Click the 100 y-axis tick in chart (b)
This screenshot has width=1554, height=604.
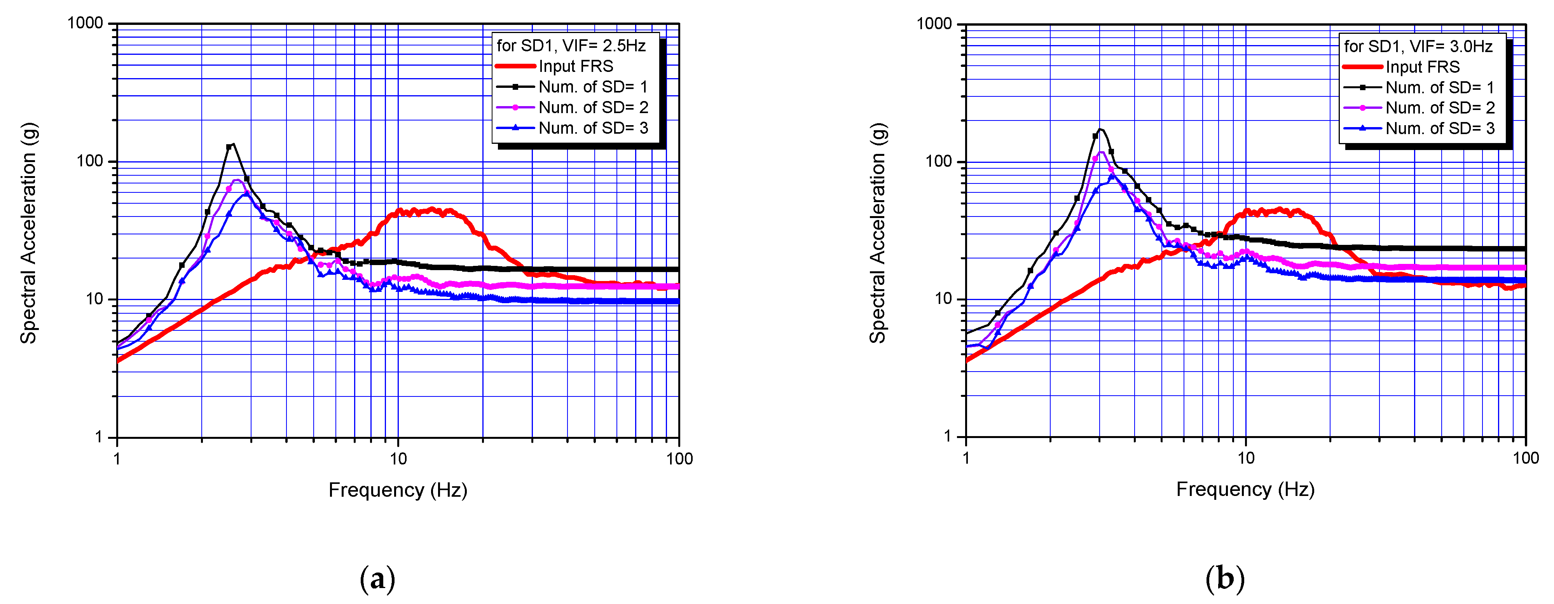click(x=938, y=161)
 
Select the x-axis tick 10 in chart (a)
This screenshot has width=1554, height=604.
click(x=398, y=459)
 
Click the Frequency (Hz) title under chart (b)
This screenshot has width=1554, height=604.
click(x=1245, y=489)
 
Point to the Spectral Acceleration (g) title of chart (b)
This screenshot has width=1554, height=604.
click(x=877, y=234)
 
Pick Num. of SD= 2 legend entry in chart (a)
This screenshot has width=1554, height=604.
click(x=593, y=107)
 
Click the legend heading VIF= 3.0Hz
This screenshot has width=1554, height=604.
click(x=1418, y=47)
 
